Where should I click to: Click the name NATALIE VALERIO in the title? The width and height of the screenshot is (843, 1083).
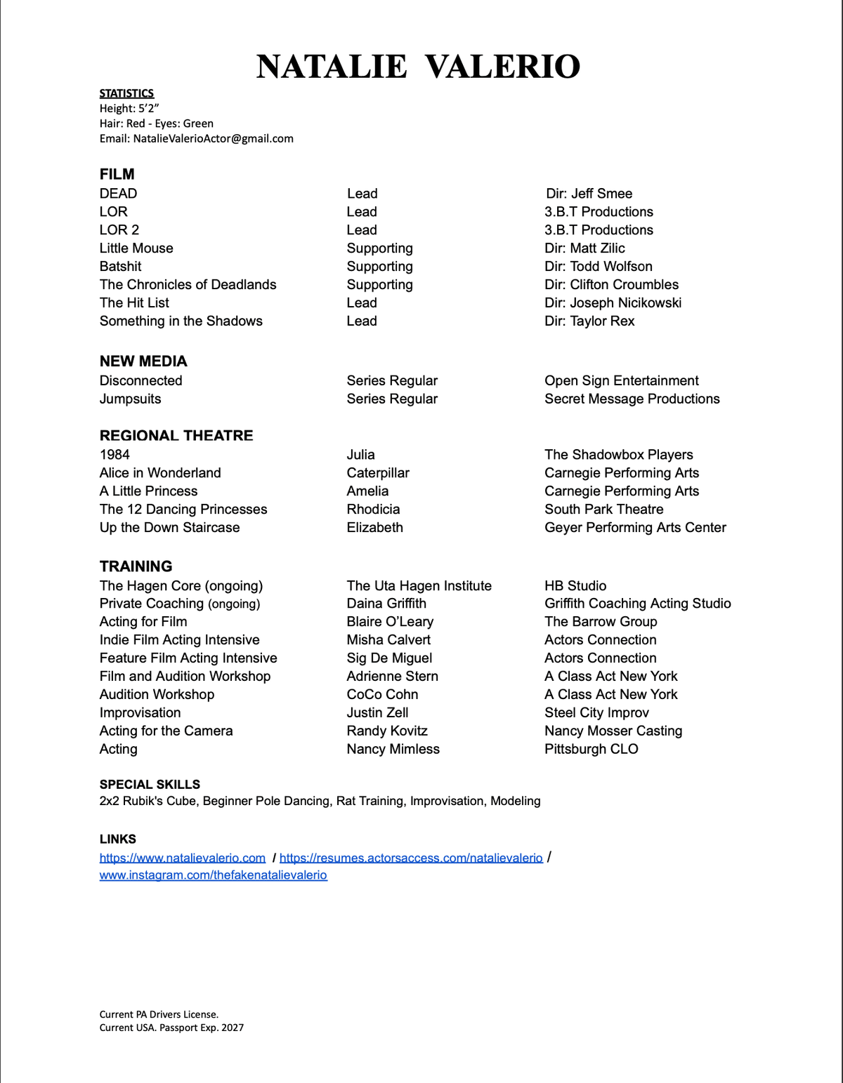pyautogui.click(x=418, y=67)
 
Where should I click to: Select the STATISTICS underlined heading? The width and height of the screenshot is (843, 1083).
pyautogui.click(x=126, y=93)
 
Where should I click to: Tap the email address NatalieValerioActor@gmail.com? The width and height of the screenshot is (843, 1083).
pyautogui.click(x=213, y=138)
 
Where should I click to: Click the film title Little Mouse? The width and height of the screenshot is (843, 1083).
pyautogui.click(x=136, y=248)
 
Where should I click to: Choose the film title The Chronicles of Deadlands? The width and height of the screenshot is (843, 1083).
pyautogui.click(x=188, y=284)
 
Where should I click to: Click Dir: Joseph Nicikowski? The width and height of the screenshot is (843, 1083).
pyautogui.click(x=613, y=303)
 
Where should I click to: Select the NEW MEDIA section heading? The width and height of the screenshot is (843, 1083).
pyautogui.click(x=143, y=361)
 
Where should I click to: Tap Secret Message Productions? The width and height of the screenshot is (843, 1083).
pyautogui.click(x=632, y=399)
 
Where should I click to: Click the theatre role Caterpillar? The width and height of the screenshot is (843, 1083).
pyautogui.click(x=378, y=473)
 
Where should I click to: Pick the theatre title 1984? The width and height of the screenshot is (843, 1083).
pyautogui.click(x=115, y=455)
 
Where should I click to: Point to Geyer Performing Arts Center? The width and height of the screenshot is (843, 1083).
pyautogui.click(x=635, y=528)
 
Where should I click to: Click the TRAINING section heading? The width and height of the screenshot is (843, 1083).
pyautogui.click(x=136, y=566)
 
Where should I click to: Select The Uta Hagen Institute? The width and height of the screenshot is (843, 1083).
pyautogui.click(x=419, y=586)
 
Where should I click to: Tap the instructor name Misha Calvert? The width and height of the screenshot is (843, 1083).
pyautogui.click(x=388, y=640)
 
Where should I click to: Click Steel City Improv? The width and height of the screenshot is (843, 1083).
pyautogui.click(x=596, y=713)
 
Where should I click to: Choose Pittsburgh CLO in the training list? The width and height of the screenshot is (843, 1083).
pyautogui.click(x=591, y=750)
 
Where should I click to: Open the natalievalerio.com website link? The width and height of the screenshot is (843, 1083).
pyautogui.click(x=183, y=858)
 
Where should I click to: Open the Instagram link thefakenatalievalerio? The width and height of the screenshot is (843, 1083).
pyautogui.click(x=213, y=875)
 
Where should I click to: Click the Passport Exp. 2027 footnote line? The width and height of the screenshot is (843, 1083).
pyautogui.click(x=171, y=1028)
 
